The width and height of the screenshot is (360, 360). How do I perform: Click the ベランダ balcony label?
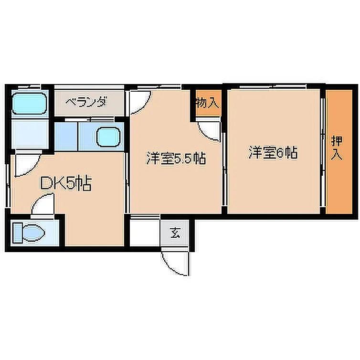(x=86, y=102)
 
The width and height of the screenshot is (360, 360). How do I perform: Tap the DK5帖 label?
(x=66, y=183)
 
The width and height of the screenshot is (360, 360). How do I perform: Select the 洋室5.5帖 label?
(x=176, y=158)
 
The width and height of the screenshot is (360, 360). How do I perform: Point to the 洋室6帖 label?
(x=273, y=152)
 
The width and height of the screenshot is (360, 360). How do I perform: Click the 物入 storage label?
(x=207, y=103)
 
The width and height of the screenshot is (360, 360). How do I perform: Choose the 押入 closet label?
(x=337, y=148)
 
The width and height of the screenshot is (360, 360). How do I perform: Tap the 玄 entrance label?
(x=175, y=233)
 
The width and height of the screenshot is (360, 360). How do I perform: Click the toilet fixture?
(x=29, y=233)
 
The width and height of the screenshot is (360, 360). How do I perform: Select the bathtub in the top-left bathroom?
(x=30, y=103)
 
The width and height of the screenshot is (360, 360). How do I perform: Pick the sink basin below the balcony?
(x=108, y=137)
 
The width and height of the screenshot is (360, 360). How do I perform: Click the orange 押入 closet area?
(x=339, y=152)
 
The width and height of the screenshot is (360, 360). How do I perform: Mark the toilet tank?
(x=18, y=233)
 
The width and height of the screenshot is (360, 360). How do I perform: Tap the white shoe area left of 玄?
(x=145, y=233)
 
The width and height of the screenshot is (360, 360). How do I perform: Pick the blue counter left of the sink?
(x=66, y=137)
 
